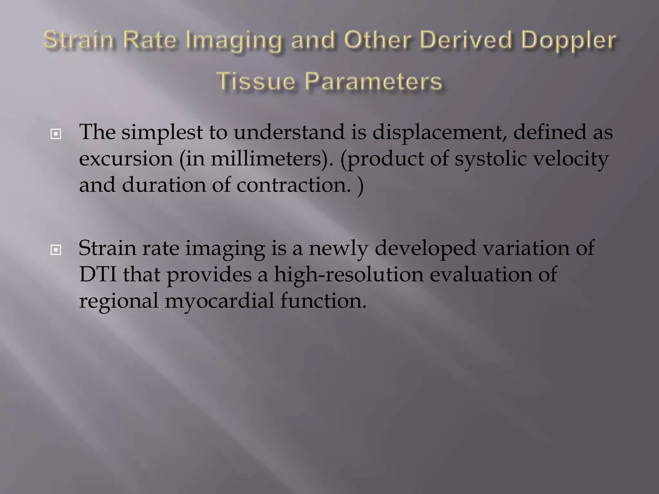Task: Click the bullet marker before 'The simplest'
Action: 56,134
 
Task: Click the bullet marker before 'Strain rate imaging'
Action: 56,250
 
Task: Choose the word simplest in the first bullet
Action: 162,133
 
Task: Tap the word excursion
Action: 126,159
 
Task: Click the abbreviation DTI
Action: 98,275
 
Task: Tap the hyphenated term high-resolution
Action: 349,275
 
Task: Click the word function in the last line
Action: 323,301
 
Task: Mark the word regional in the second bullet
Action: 119,301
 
